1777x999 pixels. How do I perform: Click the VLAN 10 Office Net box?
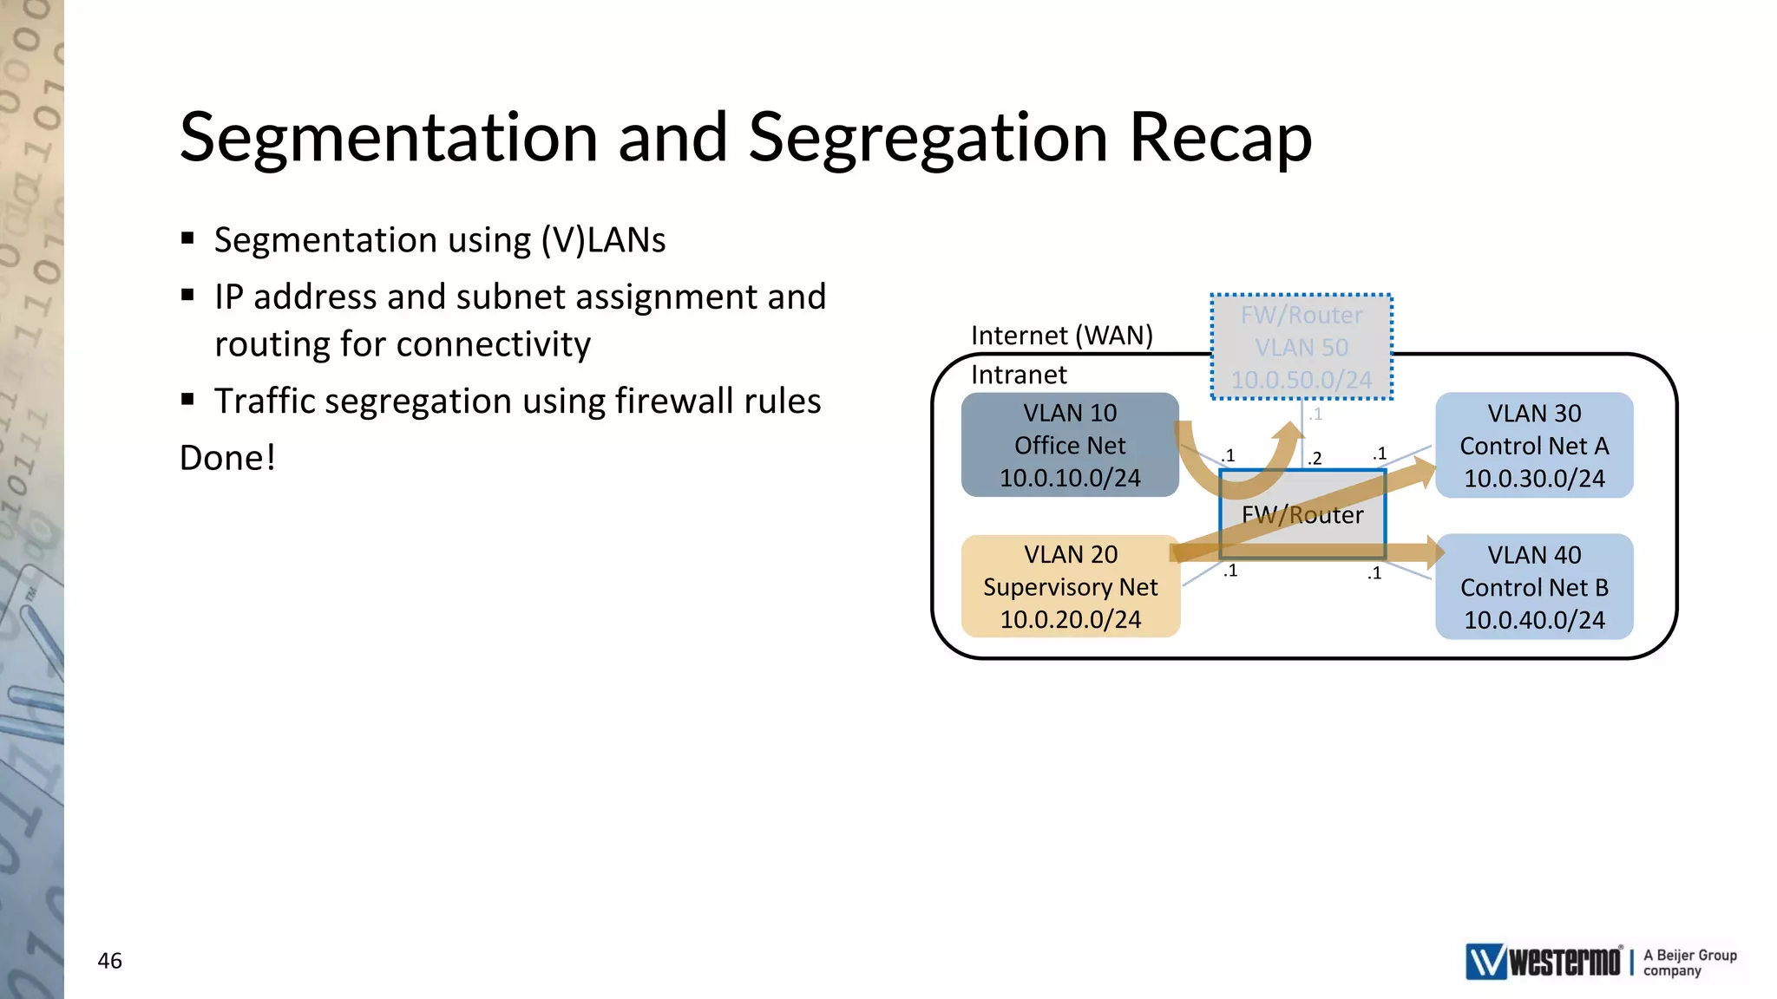[x=1069, y=445]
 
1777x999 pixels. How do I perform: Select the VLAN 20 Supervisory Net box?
[x=1070, y=587]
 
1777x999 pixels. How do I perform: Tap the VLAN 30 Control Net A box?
[x=1533, y=445]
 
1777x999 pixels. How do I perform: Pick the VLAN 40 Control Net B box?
[x=1533, y=587]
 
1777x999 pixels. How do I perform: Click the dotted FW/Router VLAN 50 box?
[x=1301, y=347]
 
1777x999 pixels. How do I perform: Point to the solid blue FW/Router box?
[x=1302, y=515]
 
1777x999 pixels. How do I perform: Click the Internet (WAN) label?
[x=1061, y=336]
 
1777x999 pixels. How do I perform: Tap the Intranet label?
[x=1019, y=375]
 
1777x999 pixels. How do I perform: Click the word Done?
[x=227, y=458]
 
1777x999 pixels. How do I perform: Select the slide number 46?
[x=109, y=961]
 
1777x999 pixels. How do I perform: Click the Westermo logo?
[x=1543, y=962]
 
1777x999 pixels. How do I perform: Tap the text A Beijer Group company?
[x=1688, y=963]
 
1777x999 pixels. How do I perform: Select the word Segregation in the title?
[x=928, y=139]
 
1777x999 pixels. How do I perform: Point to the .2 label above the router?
[x=1315, y=458]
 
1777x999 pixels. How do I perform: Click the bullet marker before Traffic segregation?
[x=187, y=400]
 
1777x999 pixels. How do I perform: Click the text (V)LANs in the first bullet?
[x=603, y=240]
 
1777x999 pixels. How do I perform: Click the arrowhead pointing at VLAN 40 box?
[x=1432, y=552]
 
